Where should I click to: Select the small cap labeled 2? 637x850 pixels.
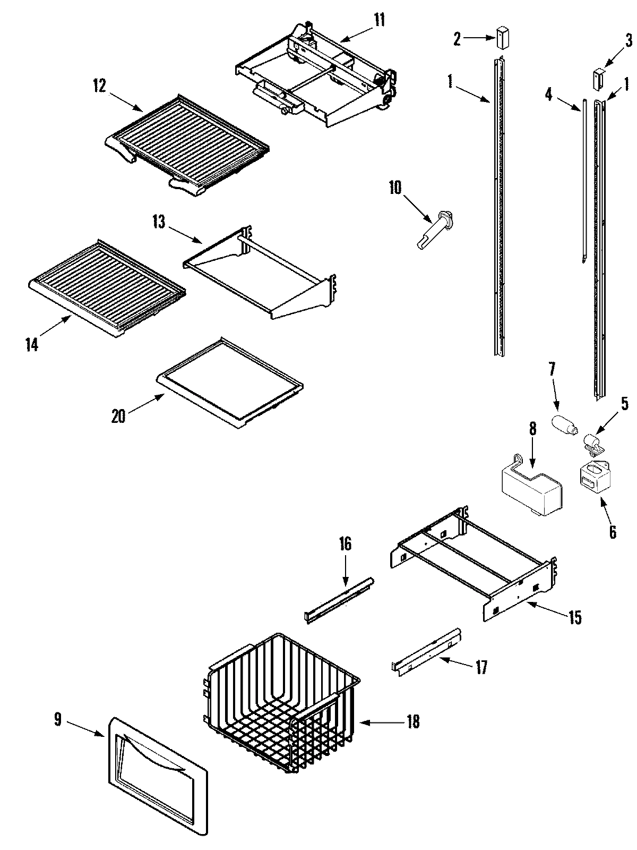(503, 39)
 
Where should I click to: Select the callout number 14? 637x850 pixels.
(32, 344)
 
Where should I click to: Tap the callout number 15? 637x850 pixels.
(575, 617)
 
